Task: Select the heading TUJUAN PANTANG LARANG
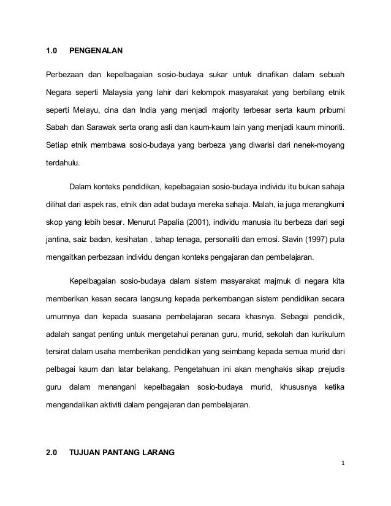point(123,453)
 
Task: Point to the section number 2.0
point(52,453)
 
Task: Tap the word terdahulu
point(64,165)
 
